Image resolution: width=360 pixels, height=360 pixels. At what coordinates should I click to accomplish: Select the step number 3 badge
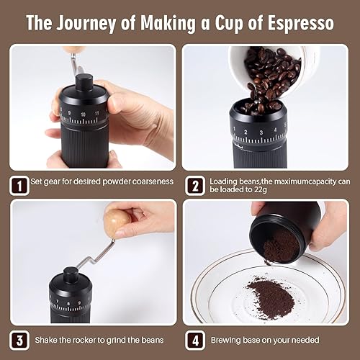[x=21, y=339]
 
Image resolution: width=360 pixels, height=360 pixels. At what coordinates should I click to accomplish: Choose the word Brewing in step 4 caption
[x=228, y=339]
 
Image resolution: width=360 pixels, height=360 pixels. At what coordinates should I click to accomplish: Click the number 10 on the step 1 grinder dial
[x=84, y=114]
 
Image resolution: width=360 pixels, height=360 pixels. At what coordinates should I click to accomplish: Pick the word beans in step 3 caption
[x=153, y=339]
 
